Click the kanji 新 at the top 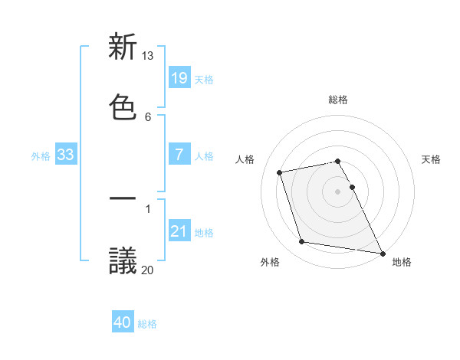point(123,47)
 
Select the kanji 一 point(123,200)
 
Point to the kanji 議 point(123,261)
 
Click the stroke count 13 point(147,56)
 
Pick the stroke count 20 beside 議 point(147,270)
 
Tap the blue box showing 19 point(179,78)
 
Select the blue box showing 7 point(179,155)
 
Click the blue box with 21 point(179,231)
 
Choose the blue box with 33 point(66,155)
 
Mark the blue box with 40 point(123,323)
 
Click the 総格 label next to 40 point(147,324)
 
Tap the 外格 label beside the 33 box point(41,156)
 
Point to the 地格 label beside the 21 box point(204,233)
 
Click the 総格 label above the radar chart point(338,100)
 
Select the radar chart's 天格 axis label point(431,159)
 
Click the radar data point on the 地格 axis point(382,252)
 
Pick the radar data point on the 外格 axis point(302,242)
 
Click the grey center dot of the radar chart point(338,191)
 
